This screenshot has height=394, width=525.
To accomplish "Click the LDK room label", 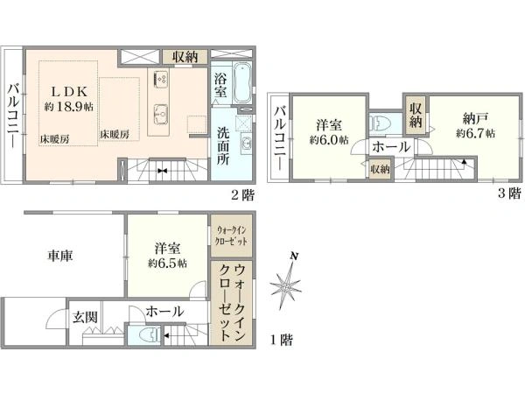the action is [69, 91].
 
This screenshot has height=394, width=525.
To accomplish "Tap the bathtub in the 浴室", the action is [242, 83].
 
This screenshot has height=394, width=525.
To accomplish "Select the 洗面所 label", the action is [223, 146].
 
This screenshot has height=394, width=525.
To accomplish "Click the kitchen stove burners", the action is [161, 79].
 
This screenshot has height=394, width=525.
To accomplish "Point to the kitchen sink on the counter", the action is [161, 114].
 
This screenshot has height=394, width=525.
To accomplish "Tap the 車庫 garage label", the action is [59, 256].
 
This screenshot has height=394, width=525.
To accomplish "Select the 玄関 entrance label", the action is [86, 317].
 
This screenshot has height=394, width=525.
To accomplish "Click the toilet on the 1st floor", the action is [150, 334].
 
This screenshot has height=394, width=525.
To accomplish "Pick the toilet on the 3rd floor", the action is [377, 123].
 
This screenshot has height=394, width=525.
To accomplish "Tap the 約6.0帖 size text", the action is [329, 140].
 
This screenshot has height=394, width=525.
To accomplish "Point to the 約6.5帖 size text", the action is [167, 263].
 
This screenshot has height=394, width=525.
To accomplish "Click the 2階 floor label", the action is [243, 195].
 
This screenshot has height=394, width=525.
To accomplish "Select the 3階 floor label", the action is [509, 193].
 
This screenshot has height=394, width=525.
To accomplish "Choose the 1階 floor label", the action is [281, 341].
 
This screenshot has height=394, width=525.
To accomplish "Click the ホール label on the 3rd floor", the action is [391, 147].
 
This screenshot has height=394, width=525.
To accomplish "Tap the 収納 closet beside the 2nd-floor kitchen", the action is [185, 57].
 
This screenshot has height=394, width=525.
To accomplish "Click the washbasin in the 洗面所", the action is [246, 144].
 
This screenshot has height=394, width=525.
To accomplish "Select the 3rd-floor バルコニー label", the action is [280, 137].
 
